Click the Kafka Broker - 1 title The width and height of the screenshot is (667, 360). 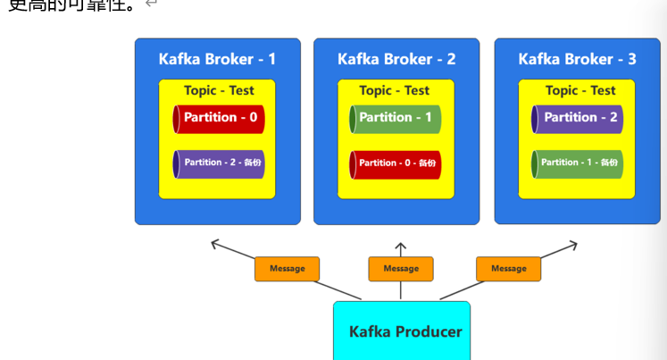click(x=217, y=59)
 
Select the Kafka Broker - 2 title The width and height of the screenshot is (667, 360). click(x=396, y=59)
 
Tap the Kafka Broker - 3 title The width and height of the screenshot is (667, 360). click(x=577, y=59)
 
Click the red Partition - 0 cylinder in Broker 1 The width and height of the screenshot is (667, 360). click(x=220, y=118)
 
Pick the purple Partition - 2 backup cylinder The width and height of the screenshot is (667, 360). click(x=220, y=163)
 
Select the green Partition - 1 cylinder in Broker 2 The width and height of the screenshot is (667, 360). click(x=396, y=118)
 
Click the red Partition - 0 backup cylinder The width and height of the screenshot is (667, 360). click(x=396, y=163)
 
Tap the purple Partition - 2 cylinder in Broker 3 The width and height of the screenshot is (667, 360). click(x=577, y=118)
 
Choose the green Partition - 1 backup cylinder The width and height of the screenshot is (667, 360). click(x=577, y=163)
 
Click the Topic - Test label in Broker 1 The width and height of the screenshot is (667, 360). click(x=219, y=90)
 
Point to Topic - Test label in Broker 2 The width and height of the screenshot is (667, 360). click(x=395, y=90)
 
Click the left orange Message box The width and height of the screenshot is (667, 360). click(x=287, y=269)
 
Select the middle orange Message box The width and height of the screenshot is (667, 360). click(x=401, y=269)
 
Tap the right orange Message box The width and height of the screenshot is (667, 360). click(x=508, y=269)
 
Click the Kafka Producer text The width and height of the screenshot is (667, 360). click(x=405, y=332)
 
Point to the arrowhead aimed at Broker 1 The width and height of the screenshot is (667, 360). click(x=215, y=242)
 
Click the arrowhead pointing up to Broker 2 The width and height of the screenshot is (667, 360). click(x=401, y=246)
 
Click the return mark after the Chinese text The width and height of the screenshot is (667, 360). click(x=151, y=4)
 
